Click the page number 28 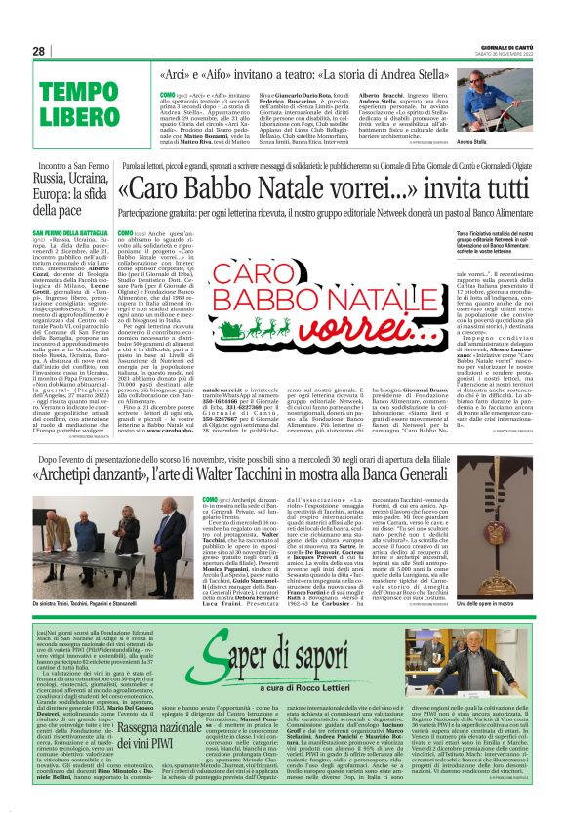38,51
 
